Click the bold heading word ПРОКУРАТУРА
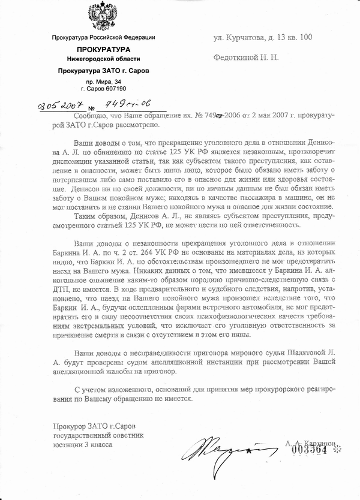[103, 49]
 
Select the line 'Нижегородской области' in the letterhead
[103, 58]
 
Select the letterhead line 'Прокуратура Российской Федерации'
[103, 38]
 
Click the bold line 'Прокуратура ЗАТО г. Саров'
[103, 70]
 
